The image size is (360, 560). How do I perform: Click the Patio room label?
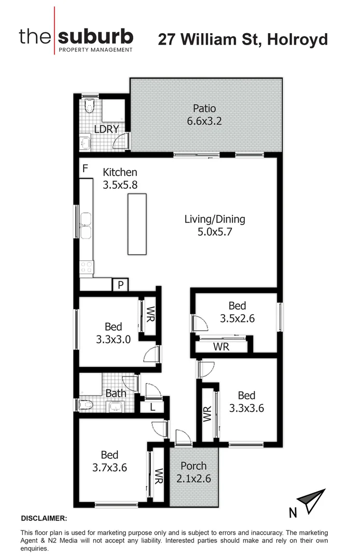[204, 109]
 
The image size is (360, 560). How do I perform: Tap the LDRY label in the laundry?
[107, 130]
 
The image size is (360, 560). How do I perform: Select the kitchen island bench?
[137, 224]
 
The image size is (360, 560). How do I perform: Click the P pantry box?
[120, 285]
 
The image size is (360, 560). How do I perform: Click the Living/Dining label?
[215, 219]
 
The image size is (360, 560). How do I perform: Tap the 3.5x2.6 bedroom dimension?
[237, 319]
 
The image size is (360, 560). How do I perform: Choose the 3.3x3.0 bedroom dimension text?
[113, 340]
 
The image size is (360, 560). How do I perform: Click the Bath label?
[116, 394]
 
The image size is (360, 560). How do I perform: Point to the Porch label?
[193, 466]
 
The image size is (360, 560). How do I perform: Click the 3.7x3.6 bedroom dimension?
[110, 467]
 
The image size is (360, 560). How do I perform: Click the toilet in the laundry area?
[89, 105]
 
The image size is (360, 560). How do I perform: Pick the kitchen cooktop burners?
[86, 267]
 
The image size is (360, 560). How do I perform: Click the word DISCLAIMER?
[44, 518]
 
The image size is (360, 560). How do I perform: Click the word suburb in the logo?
[96, 36]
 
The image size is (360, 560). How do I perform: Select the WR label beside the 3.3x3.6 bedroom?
[207, 414]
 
